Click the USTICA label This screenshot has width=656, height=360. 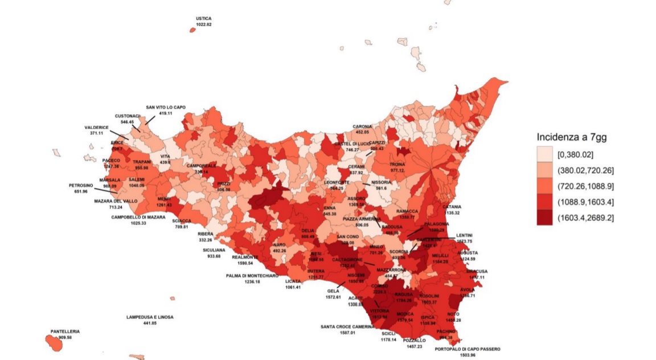(203, 18)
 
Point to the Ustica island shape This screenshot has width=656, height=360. (192, 30)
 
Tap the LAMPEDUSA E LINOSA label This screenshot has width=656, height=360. (150, 317)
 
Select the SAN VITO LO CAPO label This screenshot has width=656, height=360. (166, 107)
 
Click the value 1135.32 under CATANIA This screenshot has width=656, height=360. (450, 212)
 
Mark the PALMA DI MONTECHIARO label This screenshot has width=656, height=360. (252, 276)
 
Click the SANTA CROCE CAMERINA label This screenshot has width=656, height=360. (347, 326)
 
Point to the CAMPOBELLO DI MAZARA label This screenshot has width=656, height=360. (138, 217)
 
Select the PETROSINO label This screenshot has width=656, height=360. (81, 185)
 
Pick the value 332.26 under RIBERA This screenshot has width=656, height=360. (205, 240)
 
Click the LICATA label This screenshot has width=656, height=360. (293, 281)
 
